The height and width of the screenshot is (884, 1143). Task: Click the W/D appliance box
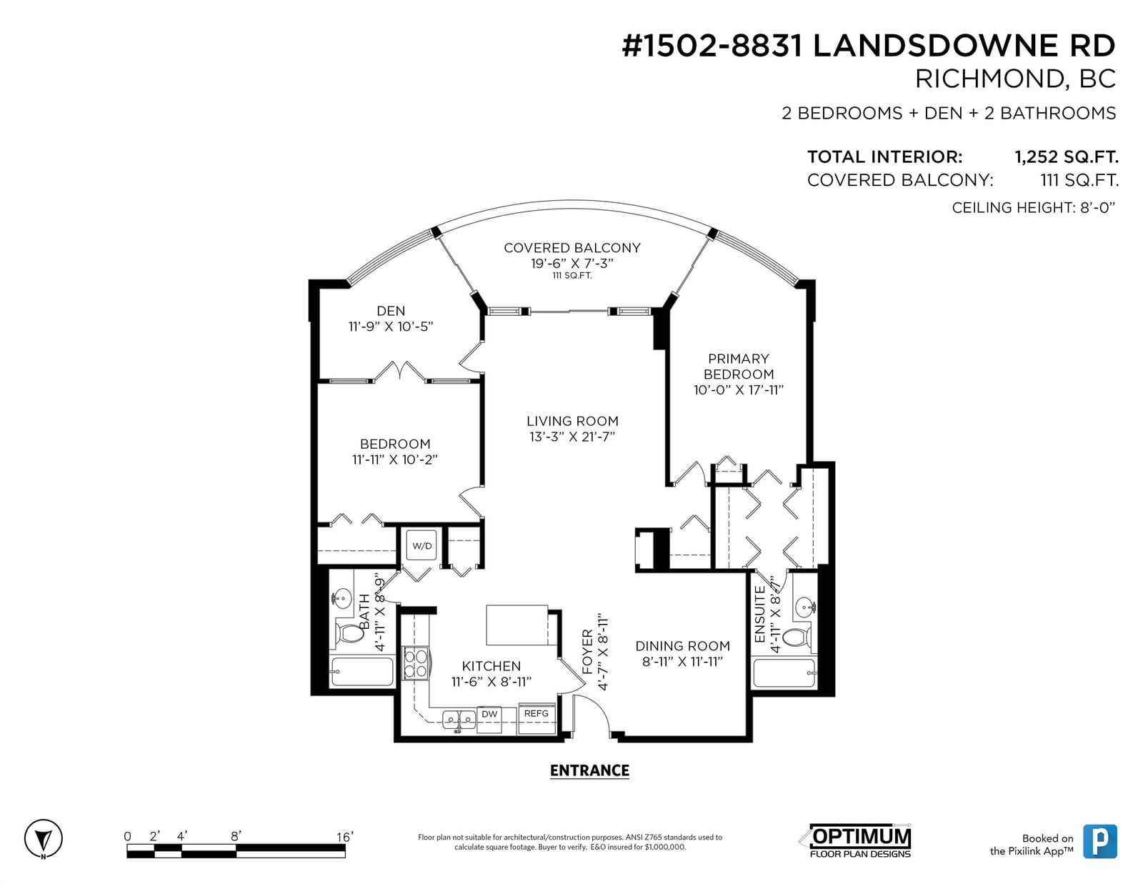pyautogui.click(x=421, y=545)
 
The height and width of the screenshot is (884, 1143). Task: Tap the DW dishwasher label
pyautogui.click(x=489, y=714)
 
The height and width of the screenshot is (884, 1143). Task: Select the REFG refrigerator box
pyautogui.click(x=536, y=717)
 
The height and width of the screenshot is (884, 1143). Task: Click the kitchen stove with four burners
pyautogui.click(x=416, y=663)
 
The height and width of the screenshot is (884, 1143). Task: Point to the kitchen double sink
pyautogui.click(x=459, y=720)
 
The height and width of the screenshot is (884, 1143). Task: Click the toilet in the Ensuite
pyautogui.click(x=797, y=637)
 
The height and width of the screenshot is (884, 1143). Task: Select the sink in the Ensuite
pyautogui.click(x=805, y=607)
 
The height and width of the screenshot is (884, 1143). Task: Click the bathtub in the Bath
pyautogui.click(x=362, y=672)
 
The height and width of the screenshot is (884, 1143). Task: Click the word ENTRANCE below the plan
pyautogui.click(x=589, y=771)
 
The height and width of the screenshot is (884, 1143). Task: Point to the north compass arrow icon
pyautogui.click(x=43, y=838)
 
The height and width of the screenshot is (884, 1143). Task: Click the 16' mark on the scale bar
pyautogui.click(x=345, y=836)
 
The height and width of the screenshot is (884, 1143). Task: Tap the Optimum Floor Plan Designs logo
pyautogui.click(x=860, y=841)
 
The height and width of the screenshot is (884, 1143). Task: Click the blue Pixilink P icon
pyautogui.click(x=1100, y=841)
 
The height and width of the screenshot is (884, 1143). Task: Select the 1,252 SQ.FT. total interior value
pyautogui.click(x=1066, y=157)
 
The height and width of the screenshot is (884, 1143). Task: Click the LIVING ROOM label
pyautogui.click(x=572, y=421)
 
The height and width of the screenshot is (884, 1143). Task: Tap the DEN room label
pyautogui.click(x=391, y=311)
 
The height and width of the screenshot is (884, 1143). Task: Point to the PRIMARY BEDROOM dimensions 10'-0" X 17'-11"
pyautogui.click(x=739, y=390)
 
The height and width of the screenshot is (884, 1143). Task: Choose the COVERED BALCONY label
pyautogui.click(x=572, y=248)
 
